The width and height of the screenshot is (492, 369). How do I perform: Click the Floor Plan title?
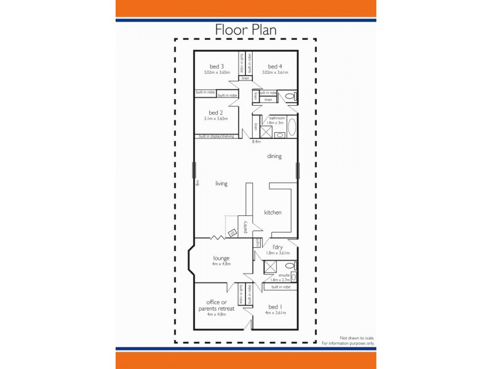click(245, 30)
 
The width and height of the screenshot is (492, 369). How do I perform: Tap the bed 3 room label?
click(216, 66)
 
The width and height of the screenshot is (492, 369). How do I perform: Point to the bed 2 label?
click(215, 113)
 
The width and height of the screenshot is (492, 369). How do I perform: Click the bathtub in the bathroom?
click(292, 127)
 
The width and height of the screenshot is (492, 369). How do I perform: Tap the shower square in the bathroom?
click(267, 131)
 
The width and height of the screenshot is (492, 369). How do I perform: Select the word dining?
click(274, 156)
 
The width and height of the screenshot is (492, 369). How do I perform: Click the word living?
click(221, 183)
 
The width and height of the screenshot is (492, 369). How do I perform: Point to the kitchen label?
click(272, 213)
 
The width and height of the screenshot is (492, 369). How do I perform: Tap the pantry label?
click(245, 227)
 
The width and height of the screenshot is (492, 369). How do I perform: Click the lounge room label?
click(221, 258)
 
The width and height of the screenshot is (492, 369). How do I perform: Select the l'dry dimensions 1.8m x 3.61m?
click(277, 253)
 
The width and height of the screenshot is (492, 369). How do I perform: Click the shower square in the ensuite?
click(269, 266)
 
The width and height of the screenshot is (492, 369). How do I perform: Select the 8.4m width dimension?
click(256, 142)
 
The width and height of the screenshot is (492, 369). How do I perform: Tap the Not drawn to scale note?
click(357, 338)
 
